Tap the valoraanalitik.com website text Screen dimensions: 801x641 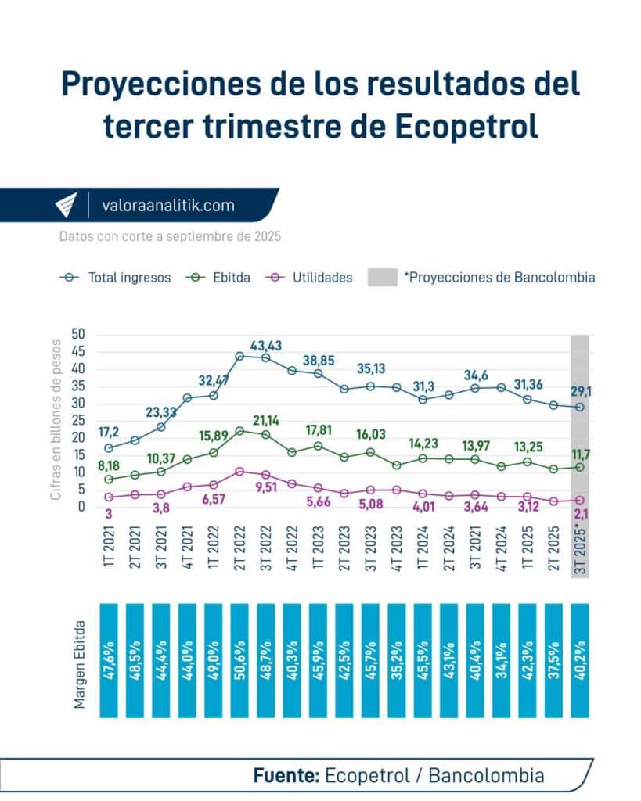(x=167, y=206)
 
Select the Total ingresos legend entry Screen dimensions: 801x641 (x=115, y=278)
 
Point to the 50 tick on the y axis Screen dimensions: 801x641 (x=79, y=335)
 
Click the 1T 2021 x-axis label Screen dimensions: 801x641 (x=109, y=548)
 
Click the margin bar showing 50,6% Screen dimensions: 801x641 (x=239, y=659)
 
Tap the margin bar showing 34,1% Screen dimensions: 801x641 (x=501, y=659)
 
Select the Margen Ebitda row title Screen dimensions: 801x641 (x=80, y=659)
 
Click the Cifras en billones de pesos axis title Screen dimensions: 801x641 (x=56, y=418)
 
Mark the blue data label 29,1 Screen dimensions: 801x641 (x=581, y=390)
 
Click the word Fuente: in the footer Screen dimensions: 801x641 (x=286, y=776)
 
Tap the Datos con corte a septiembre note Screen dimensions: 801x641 (x=170, y=235)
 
